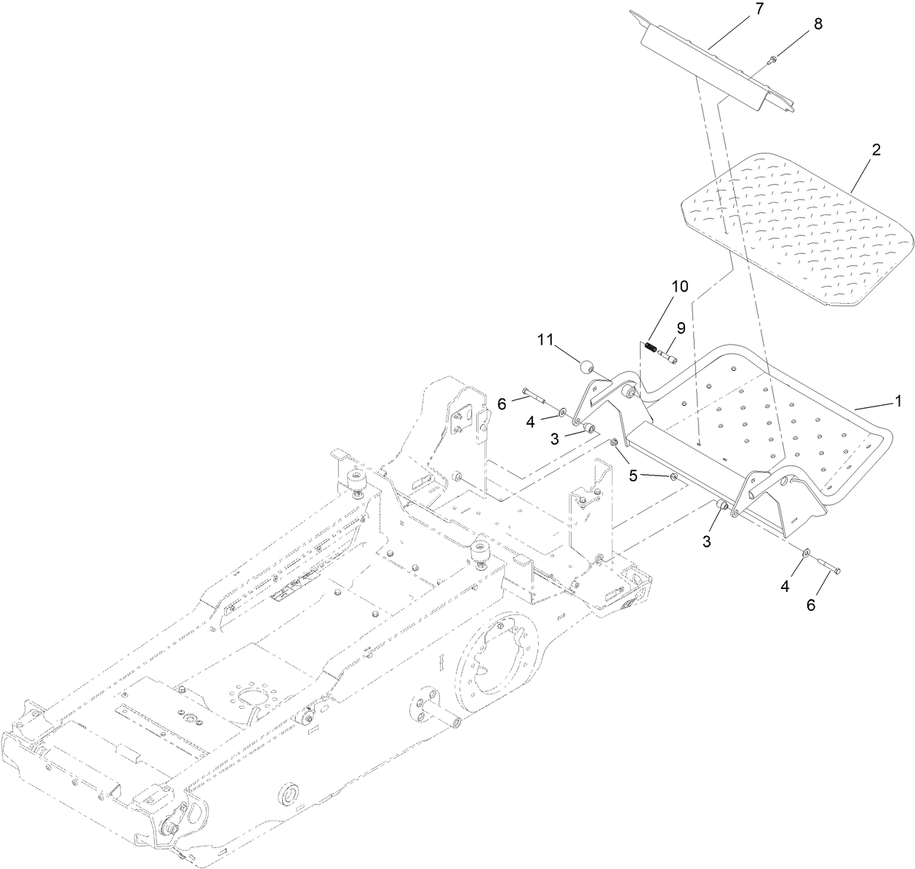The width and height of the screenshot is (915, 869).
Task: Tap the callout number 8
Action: [x=818, y=23]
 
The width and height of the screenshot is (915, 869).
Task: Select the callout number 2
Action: [x=876, y=150]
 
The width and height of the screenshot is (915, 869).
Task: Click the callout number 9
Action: [x=681, y=327]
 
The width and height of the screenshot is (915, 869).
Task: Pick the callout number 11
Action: [x=546, y=339]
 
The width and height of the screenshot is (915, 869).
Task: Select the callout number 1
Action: [x=898, y=400]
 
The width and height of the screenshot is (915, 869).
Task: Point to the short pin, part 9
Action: [x=668, y=357]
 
